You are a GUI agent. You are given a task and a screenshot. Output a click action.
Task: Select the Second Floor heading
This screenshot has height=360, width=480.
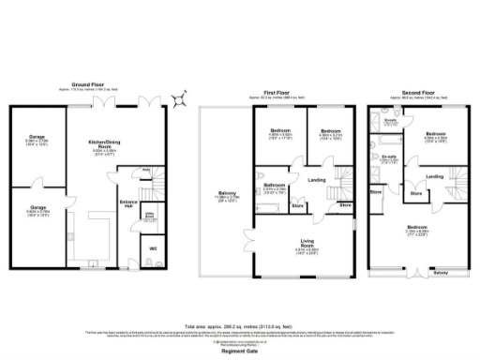[414, 94]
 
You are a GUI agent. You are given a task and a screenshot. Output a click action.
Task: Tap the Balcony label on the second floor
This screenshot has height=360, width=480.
[442, 273]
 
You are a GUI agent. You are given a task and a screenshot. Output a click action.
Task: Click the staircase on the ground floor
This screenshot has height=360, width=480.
[155, 182]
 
